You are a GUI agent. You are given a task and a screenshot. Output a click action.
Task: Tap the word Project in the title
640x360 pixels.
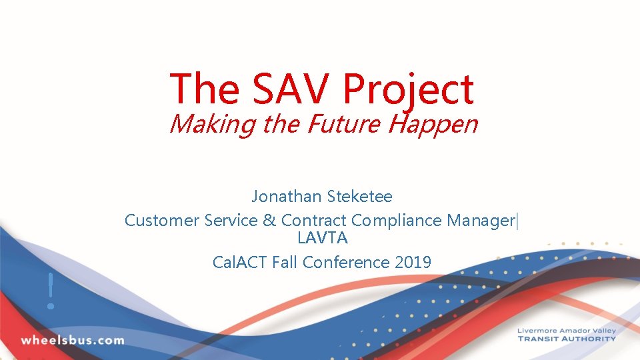click(409, 89)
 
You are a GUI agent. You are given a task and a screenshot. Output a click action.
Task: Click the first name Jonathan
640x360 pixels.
click(287, 197)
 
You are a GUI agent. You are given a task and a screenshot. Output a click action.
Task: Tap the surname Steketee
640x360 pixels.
click(359, 197)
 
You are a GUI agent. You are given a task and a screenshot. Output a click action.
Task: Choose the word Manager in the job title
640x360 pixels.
click(482, 220)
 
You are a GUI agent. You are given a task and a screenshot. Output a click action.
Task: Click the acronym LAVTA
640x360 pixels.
click(323, 237)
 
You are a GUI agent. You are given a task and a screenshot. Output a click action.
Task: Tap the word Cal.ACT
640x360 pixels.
click(240, 262)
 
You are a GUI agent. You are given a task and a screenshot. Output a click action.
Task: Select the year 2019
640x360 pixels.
click(413, 262)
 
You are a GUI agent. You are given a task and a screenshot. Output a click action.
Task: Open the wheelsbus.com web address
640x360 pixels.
click(72, 340)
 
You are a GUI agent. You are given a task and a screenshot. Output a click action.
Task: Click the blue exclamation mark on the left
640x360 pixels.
click(50, 291)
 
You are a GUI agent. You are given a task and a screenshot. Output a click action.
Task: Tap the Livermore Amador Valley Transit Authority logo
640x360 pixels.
click(567, 335)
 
